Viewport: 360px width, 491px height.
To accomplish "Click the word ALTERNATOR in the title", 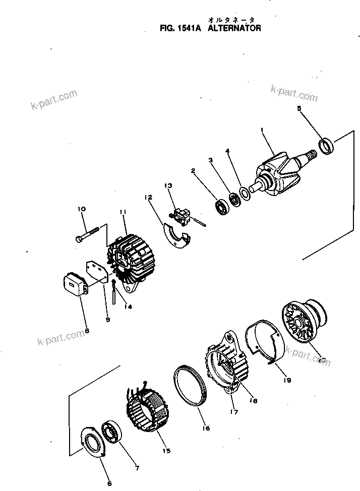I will (x=234, y=29).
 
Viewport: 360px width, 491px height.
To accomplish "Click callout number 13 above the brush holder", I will (x=167, y=186).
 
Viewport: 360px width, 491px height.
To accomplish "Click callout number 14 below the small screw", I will (x=129, y=306).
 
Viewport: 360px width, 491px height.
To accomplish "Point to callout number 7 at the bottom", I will (x=136, y=468).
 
